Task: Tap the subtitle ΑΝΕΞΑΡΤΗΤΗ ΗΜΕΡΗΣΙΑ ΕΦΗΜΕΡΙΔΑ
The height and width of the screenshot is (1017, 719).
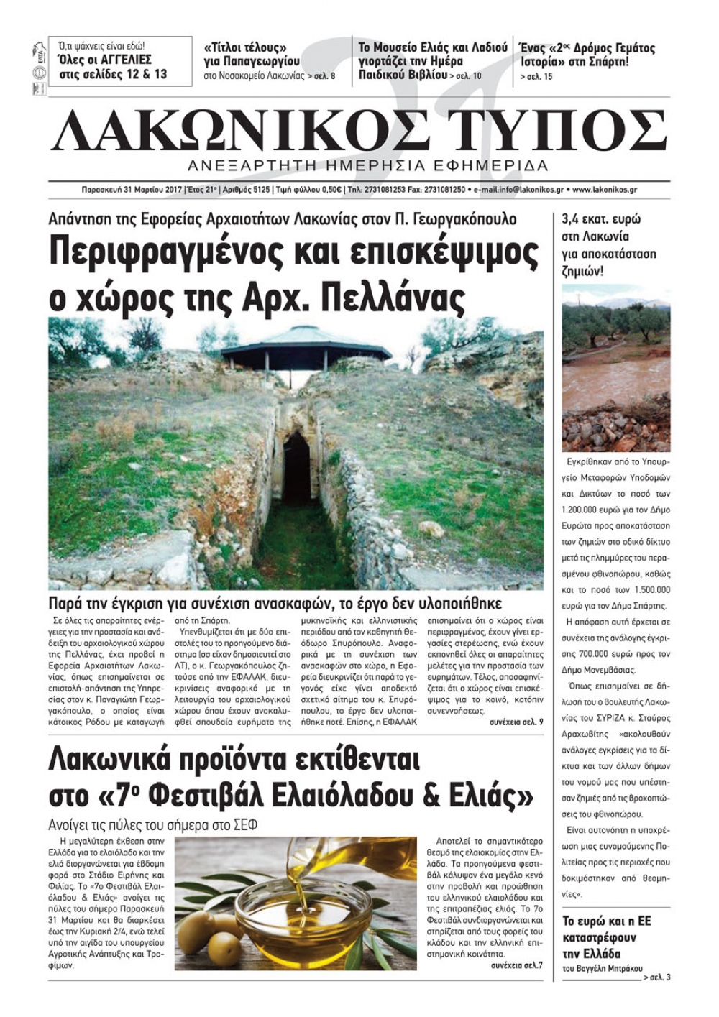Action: point(367,166)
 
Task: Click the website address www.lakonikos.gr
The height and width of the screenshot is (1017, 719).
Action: point(605,190)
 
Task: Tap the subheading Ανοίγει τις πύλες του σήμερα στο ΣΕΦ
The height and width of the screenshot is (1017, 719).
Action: point(152,825)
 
